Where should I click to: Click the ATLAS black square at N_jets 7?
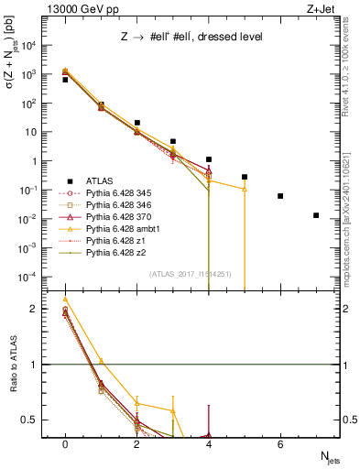[x=316, y=215]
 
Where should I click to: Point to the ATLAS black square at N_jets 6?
[x=280, y=196]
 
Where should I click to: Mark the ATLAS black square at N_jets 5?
[x=245, y=177]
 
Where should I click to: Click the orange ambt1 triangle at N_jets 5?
[x=245, y=190]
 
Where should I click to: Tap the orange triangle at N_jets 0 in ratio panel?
[x=65, y=299]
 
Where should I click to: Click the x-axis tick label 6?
[x=280, y=442]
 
